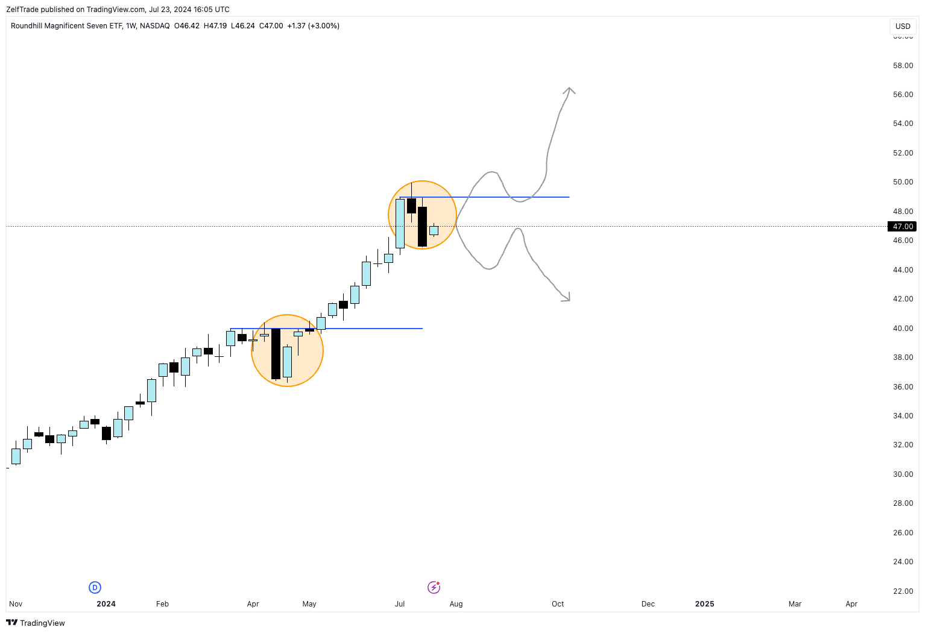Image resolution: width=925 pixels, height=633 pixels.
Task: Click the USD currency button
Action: tap(903, 26)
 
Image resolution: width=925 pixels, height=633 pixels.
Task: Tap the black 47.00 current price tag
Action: tap(903, 227)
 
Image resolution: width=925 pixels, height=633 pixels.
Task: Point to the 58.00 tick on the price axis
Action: tap(903, 66)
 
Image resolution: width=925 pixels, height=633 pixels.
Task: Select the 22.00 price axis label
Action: tap(903, 591)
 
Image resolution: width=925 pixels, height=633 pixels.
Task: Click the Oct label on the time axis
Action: tap(558, 603)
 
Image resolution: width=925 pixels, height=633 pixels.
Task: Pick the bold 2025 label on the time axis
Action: tap(704, 603)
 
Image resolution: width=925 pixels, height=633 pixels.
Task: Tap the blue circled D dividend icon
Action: tap(95, 587)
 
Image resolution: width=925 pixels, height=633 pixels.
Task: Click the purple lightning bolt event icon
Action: tap(434, 587)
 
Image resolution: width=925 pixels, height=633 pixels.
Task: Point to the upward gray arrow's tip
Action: tap(569, 89)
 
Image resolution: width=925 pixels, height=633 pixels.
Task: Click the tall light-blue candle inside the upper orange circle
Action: tap(400, 223)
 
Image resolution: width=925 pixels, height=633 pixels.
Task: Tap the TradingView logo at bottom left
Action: tap(36, 623)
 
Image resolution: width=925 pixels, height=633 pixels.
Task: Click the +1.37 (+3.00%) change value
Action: tap(313, 26)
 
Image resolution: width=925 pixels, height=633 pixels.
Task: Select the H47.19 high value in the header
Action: tap(215, 26)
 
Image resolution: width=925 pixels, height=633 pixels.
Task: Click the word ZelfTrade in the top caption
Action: tap(23, 9)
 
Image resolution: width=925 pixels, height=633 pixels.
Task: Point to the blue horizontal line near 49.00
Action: tap(513, 197)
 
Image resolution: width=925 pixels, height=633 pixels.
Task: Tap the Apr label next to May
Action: tap(253, 603)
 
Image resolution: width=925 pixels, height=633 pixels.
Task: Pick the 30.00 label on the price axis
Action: tap(903, 474)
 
